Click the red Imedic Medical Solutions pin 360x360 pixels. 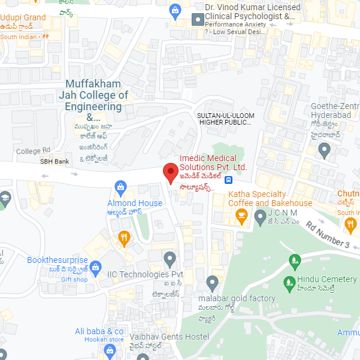click(171, 174)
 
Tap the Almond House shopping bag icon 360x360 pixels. click(122, 187)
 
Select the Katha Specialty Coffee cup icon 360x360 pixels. click(242, 218)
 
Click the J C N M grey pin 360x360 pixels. click(259, 218)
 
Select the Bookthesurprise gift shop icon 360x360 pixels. click(96, 266)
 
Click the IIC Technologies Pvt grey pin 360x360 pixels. click(170, 260)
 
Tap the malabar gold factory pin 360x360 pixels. click(212, 283)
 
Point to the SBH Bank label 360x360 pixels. click(55, 162)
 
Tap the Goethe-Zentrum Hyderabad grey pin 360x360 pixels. click(324, 152)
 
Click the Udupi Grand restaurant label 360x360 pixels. click(23, 17)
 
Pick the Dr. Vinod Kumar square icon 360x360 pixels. click(196, 20)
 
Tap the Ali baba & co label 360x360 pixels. click(99, 331)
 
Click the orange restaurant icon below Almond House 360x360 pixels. click(124, 238)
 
